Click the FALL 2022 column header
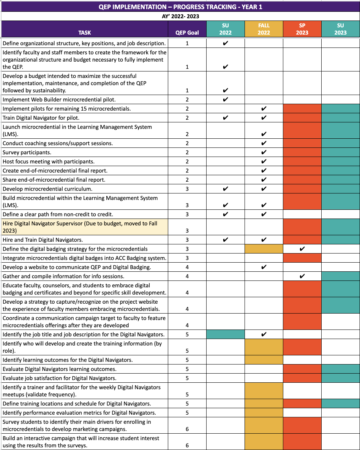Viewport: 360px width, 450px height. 264,29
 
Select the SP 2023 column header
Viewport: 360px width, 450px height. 302,29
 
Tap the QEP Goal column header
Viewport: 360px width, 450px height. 187,33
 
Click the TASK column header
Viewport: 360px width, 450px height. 85,33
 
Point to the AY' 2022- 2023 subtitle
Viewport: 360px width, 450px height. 180,16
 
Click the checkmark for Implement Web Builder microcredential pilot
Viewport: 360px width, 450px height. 225,100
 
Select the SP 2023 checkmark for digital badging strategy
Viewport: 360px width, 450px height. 302,249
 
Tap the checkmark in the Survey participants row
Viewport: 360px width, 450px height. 264,152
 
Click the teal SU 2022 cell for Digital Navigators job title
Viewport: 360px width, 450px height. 225,334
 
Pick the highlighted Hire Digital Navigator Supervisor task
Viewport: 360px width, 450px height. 80,227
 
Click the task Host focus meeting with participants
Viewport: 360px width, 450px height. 49,162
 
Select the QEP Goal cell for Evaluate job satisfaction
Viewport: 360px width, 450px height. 187,378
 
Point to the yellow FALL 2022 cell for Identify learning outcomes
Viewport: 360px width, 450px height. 264,360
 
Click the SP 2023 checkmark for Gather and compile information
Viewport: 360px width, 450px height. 302,276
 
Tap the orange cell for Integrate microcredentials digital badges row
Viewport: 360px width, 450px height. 302,258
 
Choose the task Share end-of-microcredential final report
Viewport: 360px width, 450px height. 54,180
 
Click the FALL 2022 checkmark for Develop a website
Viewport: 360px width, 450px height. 264,267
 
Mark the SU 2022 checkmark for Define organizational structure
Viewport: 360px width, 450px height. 225,43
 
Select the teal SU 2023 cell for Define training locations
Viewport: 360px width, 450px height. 341,404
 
